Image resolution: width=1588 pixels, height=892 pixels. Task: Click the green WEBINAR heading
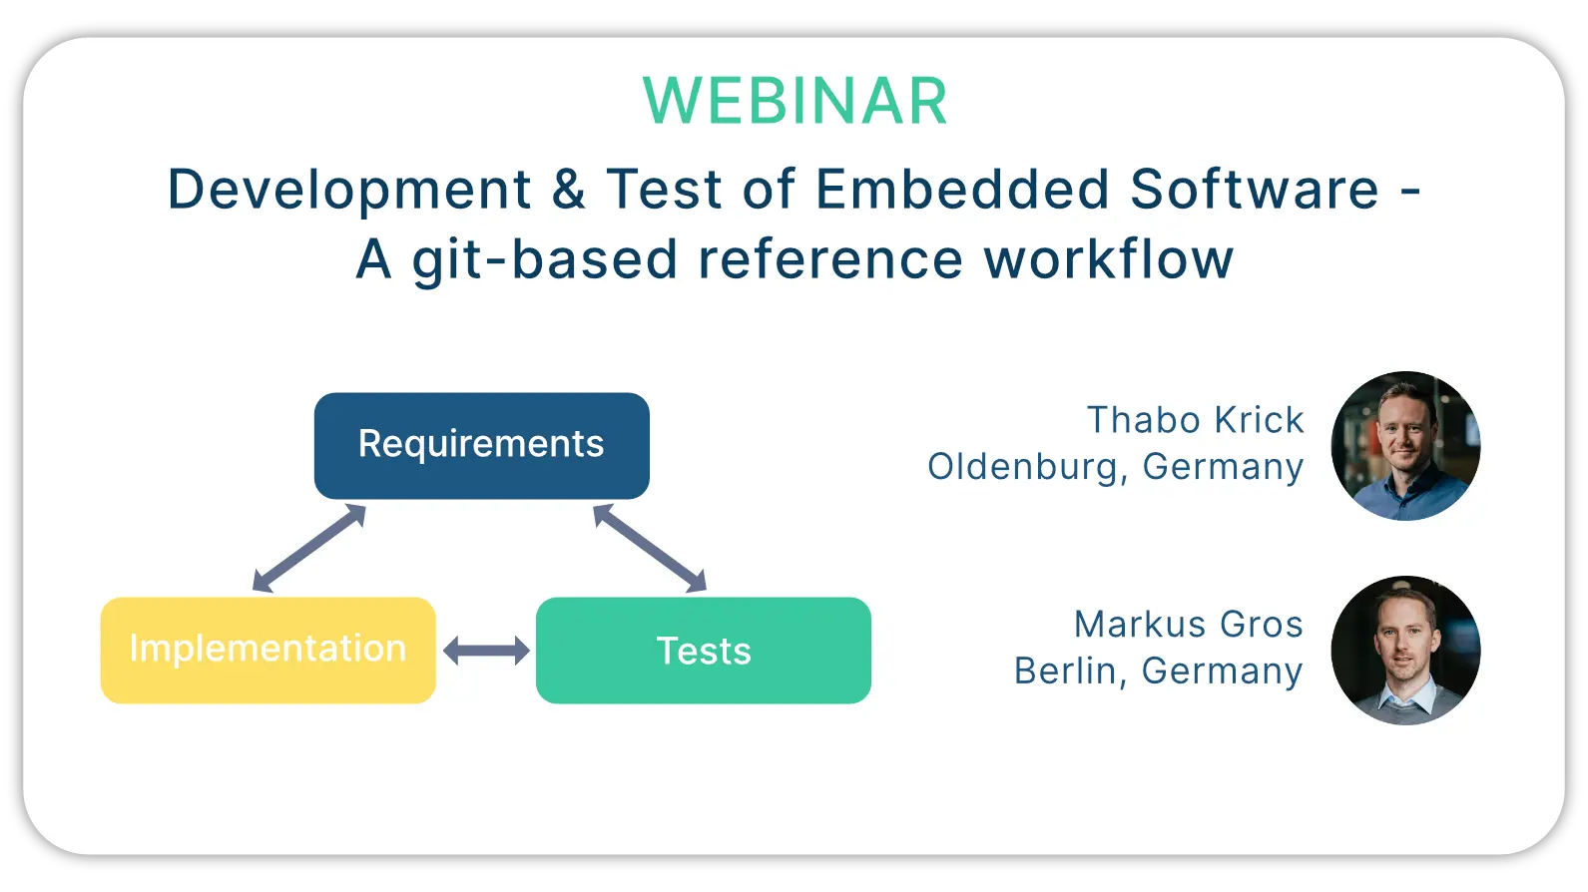click(x=794, y=102)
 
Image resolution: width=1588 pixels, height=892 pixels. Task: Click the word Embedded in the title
click(x=962, y=190)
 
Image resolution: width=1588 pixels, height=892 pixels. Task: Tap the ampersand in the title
click(x=569, y=190)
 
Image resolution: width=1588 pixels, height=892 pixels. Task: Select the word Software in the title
click(x=1254, y=190)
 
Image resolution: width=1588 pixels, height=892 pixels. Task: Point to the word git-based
click(x=545, y=260)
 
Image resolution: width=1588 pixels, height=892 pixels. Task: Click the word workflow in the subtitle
click(x=1109, y=259)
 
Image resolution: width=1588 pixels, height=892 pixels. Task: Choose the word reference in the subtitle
click(x=830, y=259)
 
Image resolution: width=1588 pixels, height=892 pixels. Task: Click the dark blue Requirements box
click(x=482, y=446)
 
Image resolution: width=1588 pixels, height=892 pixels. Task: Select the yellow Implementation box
click(x=267, y=650)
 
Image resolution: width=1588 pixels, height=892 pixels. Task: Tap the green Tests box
click(x=704, y=650)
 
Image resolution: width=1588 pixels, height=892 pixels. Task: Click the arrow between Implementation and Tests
click(x=486, y=651)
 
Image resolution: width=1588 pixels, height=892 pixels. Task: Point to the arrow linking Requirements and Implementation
click(x=309, y=548)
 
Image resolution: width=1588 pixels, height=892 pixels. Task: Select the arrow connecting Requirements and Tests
click(x=650, y=548)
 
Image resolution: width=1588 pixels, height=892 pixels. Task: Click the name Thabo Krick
click(x=1196, y=420)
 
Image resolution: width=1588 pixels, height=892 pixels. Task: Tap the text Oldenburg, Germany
click(x=1116, y=468)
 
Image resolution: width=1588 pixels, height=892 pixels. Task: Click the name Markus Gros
click(x=1189, y=625)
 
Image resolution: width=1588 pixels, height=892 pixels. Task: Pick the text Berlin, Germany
click(x=1159, y=670)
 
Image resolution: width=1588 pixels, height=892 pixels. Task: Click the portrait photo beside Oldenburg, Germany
click(x=1405, y=446)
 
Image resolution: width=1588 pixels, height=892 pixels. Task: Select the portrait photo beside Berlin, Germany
click(x=1405, y=650)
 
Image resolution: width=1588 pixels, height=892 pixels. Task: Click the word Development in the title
click(x=349, y=191)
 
